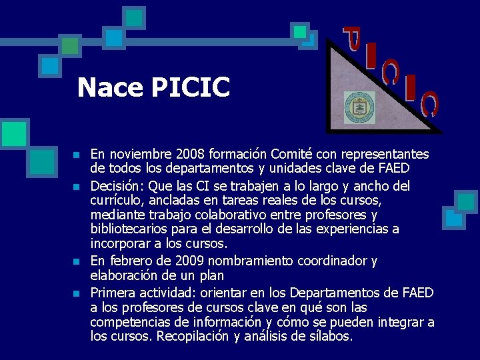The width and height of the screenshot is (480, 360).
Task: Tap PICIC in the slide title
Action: pos(190,87)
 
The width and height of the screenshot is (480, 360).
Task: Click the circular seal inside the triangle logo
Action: pos(357,106)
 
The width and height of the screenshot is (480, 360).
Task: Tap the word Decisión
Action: pos(116,185)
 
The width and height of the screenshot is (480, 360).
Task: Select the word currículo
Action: pos(118,200)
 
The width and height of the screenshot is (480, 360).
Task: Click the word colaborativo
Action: pos(229,215)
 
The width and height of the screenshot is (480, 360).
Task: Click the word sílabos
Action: pos(328,337)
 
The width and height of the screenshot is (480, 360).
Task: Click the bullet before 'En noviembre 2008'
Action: pos(77,155)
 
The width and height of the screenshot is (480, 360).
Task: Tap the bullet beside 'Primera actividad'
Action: pos(77,293)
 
